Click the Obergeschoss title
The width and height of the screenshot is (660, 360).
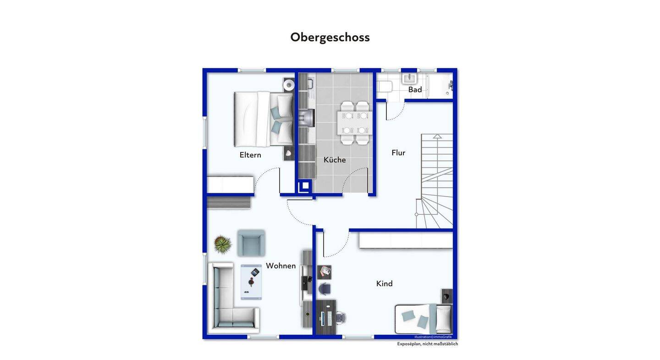tap(330, 38)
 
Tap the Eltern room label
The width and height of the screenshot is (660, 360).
tap(250, 155)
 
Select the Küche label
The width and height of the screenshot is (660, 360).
tap(335, 159)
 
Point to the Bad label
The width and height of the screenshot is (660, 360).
tap(415, 89)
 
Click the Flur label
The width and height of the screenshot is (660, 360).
tap(398, 153)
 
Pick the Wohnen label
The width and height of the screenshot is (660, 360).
tap(281, 266)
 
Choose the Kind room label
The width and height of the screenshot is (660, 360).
tap(385, 284)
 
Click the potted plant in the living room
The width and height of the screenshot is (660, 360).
tap(223, 244)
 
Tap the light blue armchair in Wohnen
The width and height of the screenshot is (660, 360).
tap(251, 243)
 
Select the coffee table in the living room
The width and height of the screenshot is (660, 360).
tap(251, 282)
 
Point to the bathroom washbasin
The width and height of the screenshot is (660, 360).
tap(410, 79)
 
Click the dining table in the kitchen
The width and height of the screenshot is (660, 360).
tap(355, 123)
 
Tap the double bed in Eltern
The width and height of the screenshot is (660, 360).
tap(264, 119)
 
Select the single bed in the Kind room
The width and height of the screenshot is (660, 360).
tap(423, 319)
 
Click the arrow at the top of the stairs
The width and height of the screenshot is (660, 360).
tap(437, 136)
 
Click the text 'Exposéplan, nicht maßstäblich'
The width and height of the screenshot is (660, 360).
tap(428, 344)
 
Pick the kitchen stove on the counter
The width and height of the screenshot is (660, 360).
tap(307, 118)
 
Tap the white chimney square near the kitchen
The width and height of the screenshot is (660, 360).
tap(305, 186)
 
